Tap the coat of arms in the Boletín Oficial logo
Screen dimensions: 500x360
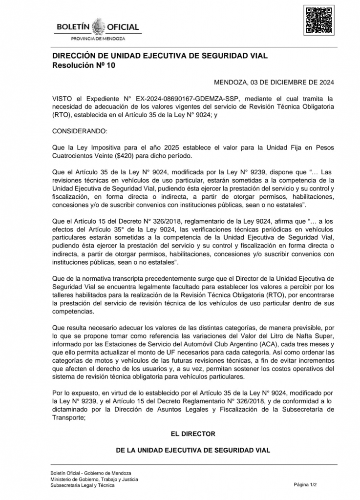click(x=99, y=26)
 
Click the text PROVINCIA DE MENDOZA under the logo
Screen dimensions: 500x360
click(x=98, y=38)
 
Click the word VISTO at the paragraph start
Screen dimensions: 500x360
click(x=62, y=99)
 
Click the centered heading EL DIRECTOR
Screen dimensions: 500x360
click(x=193, y=433)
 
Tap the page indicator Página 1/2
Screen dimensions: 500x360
click(x=305, y=485)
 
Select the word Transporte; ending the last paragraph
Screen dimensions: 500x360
click(x=68, y=417)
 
